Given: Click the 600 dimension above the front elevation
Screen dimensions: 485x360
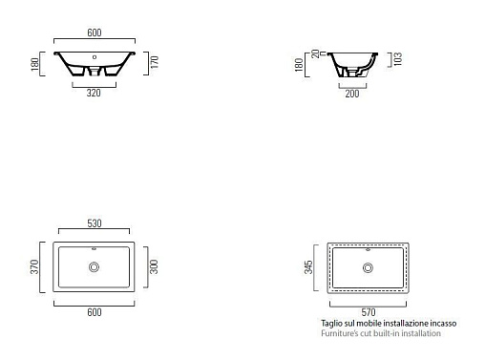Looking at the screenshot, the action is [95, 32].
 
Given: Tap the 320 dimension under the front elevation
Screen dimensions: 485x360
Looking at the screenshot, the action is [94, 93].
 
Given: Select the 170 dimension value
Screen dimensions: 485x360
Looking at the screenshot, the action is [155, 62].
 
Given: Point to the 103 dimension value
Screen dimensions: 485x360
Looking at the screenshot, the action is [398, 59].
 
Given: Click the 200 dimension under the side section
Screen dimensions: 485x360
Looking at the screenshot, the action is [352, 94].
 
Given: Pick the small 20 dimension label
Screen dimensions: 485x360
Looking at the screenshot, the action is [315, 53].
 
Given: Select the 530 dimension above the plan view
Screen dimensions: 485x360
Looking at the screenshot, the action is [95, 223].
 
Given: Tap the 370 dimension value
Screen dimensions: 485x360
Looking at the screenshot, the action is [34, 266].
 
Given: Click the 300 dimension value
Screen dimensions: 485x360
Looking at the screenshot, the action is [154, 266].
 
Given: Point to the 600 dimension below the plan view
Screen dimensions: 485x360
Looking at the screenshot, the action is [95, 312].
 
